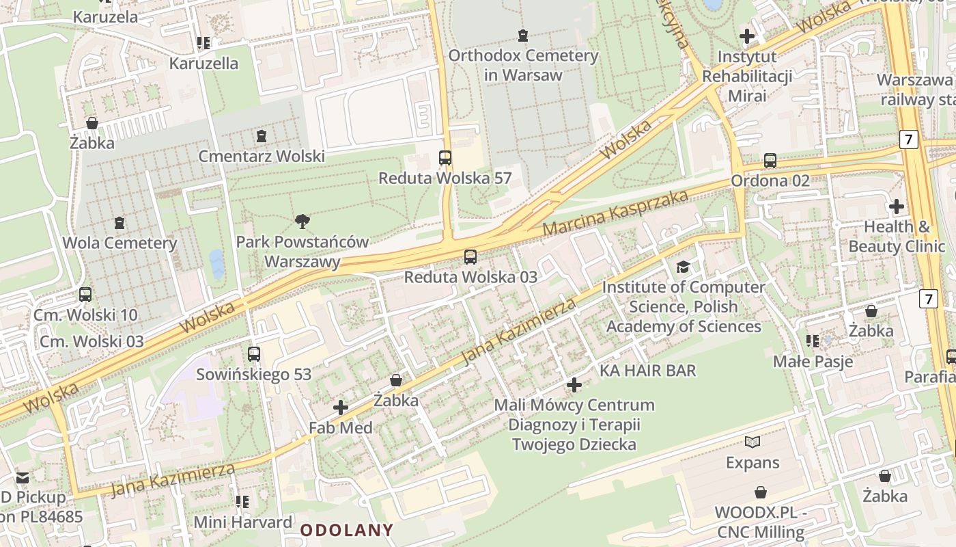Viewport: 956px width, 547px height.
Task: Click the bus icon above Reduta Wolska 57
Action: click(x=445, y=158)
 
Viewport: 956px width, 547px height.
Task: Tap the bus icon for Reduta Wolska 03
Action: click(x=470, y=257)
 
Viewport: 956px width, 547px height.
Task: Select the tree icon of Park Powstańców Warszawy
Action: click(x=303, y=221)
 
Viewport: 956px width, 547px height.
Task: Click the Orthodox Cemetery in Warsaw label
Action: click(x=523, y=65)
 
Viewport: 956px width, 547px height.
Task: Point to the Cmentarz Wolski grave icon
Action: click(x=261, y=136)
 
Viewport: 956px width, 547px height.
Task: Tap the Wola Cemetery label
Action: click(x=119, y=243)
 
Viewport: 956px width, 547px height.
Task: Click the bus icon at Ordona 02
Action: click(x=770, y=161)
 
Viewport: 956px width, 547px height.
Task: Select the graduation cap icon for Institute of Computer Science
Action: click(x=683, y=267)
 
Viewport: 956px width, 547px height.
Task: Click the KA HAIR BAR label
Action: click(x=647, y=371)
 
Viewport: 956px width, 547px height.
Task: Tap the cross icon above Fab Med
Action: click(x=341, y=408)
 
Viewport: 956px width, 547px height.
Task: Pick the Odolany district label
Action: click(x=347, y=530)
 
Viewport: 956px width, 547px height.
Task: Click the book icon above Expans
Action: click(x=753, y=442)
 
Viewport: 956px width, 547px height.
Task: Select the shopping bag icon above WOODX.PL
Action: click(x=761, y=492)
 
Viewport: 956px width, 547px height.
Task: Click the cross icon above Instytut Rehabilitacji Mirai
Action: click(x=747, y=36)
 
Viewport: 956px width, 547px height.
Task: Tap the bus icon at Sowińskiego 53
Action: click(x=254, y=353)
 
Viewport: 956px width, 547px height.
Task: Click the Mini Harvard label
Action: click(x=243, y=522)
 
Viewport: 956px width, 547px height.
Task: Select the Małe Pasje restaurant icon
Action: click(x=813, y=341)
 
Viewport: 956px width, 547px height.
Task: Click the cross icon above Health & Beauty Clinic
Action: click(x=896, y=206)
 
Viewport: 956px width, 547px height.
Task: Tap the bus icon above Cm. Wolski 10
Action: click(x=85, y=295)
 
